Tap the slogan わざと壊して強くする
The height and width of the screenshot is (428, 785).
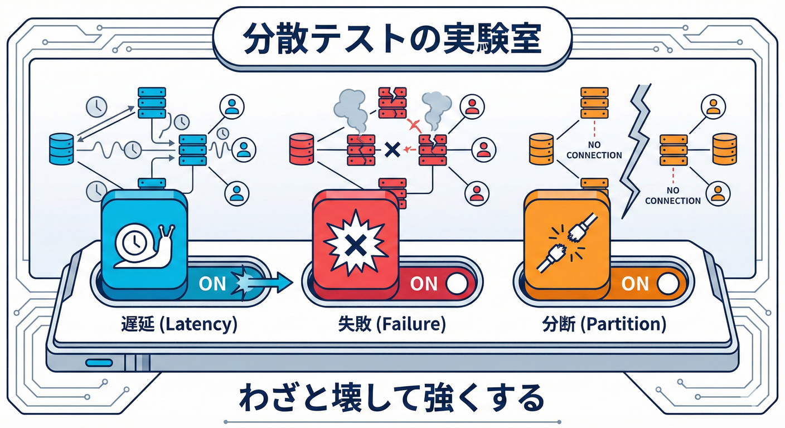pyautogui.click(x=392, y=397)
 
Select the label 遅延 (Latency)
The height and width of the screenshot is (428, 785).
pyautogui.click(x=178, y=324)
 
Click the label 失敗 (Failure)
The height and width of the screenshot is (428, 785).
pyautogui.click(x=392, y=324)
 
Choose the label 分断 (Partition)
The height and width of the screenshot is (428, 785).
pyautogui.click(x=604, y=324)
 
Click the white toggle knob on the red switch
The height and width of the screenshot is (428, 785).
pyautogui.click(x=456, y=284)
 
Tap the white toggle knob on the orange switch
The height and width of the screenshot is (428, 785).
pyautogui.click(x=667, y=284)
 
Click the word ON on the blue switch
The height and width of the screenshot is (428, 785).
pyautogui.click(x=212, y=284)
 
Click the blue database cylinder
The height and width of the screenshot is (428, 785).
pyautogui.click(x=61, y=148)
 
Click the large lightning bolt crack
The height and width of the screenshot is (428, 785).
pyautogui.click(x=636, y=150)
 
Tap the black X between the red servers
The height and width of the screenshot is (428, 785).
pyautogui.click(x=392, y=149)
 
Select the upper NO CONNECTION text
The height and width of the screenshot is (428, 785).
pyautogui.click(x=594, y=150)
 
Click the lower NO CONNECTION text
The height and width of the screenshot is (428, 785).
pyautogui.click(x=673, y=196)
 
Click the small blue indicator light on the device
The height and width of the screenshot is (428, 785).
pyautogui.click(x=99, y=363)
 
